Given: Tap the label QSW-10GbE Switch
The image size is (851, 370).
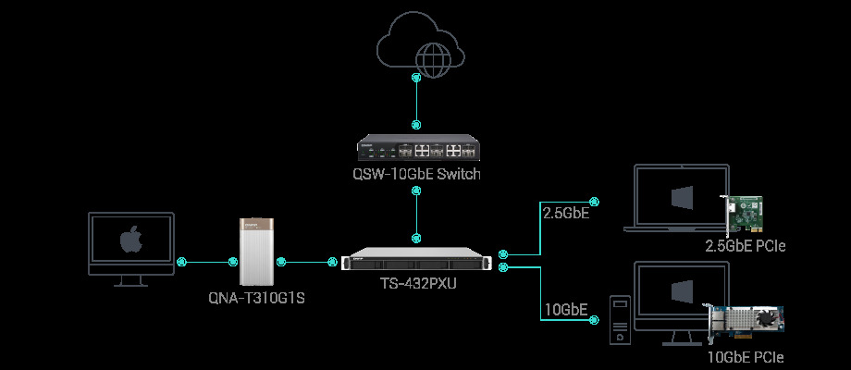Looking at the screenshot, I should coord(418,175).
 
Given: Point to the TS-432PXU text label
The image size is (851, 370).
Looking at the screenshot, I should coord(418,284).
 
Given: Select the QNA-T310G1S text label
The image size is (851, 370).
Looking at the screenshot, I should coord(257,299).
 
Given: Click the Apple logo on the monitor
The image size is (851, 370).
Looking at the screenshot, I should coord(130,241).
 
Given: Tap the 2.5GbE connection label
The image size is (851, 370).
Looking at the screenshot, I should coord(564,214).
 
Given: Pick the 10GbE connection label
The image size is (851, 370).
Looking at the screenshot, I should coord(564,308).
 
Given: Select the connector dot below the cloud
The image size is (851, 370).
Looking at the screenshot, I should coord(416,79).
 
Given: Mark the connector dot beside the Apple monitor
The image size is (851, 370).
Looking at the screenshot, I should coord(182,263).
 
